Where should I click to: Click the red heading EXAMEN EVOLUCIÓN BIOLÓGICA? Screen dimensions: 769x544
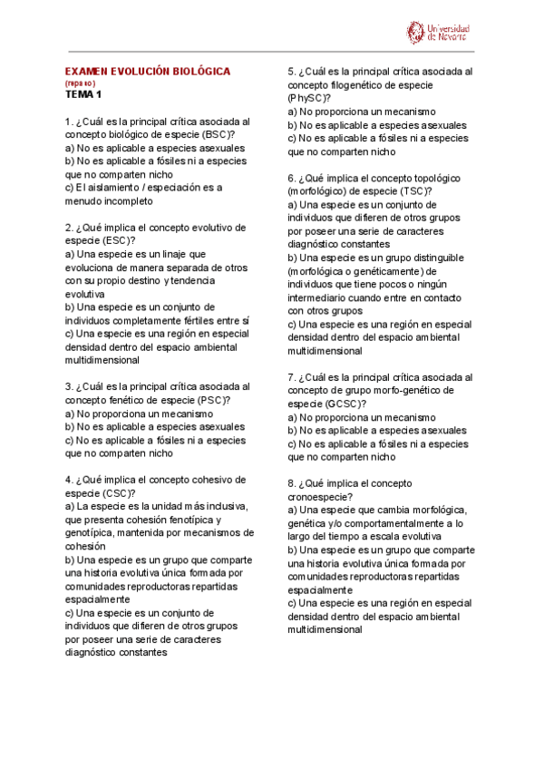pos(148,71)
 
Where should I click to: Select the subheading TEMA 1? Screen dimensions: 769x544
pos(84,93)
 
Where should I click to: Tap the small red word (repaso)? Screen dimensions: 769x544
pos(80,83)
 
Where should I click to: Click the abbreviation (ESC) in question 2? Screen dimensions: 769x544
pos(117,240)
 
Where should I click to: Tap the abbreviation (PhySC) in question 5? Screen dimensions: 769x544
pos(309,97)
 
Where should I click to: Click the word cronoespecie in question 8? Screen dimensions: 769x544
pos(319,497)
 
